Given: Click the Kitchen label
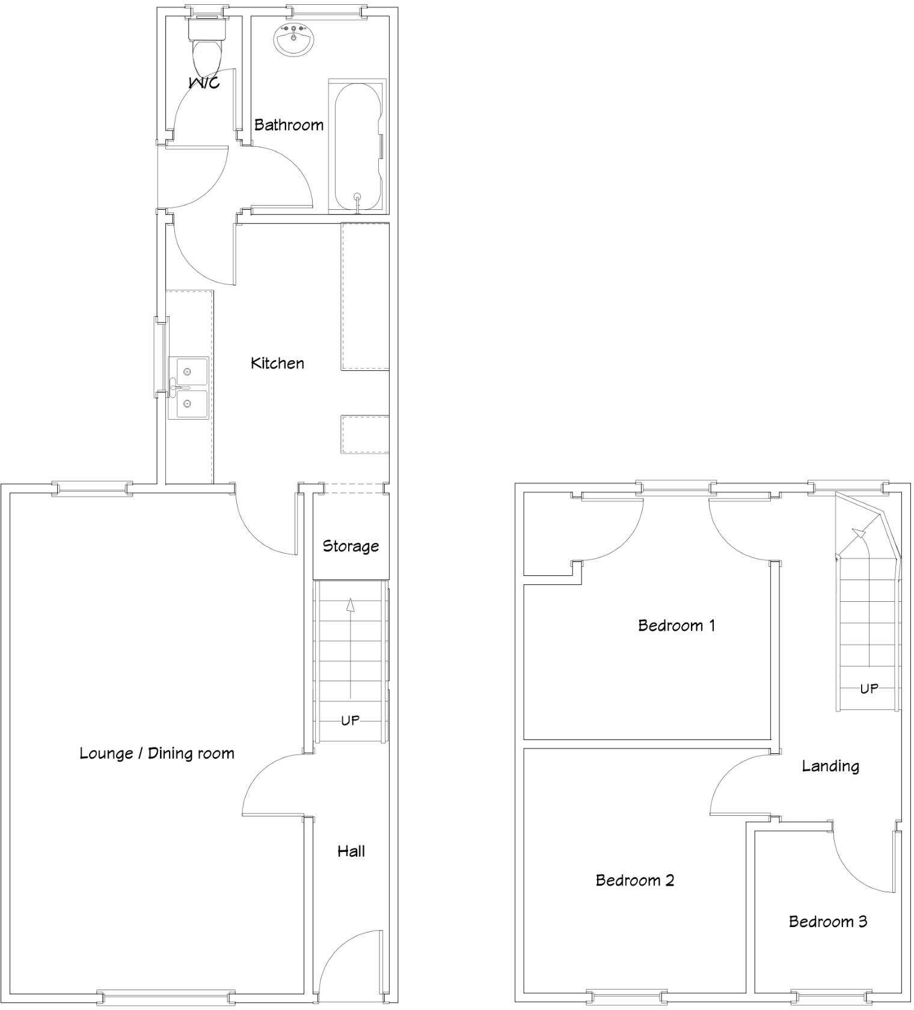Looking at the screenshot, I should (277, 363).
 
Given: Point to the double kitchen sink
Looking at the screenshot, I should (188, 388).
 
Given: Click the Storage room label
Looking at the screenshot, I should (351, 546).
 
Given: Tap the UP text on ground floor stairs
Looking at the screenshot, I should (350, 720).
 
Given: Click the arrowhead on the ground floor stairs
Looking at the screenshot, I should (350, 604).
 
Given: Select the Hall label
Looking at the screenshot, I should (351, 851).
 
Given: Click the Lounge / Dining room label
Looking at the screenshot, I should (157, 753).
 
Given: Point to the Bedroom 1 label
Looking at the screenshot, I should (676, 625).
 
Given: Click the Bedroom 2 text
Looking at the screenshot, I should (634, 880).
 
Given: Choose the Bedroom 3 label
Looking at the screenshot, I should (828, 922).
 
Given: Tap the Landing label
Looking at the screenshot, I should (830, 766).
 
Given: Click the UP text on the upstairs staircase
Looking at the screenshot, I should (869, 688).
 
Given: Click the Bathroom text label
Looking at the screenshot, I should (289, 125).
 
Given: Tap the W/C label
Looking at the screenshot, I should (204, 82).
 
